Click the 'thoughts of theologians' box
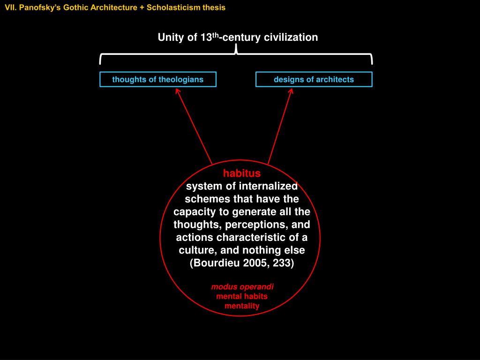(x=157, y=79)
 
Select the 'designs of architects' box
(x=314, y=79)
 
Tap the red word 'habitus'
(x=241, y=173)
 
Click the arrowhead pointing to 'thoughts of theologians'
(x=178, y=90)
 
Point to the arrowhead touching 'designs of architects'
(x=291, y=90)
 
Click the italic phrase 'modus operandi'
(x=242, y=286)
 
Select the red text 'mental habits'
(x=242, y=296)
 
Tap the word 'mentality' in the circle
(x=242, y=306)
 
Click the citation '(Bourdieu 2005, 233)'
(x=242, y=262)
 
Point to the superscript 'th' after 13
(x=215, y=34)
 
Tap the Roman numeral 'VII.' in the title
(x=11, y=7)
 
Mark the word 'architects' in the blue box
(x=335, y=79)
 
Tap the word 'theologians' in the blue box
(x=181, y=79)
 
